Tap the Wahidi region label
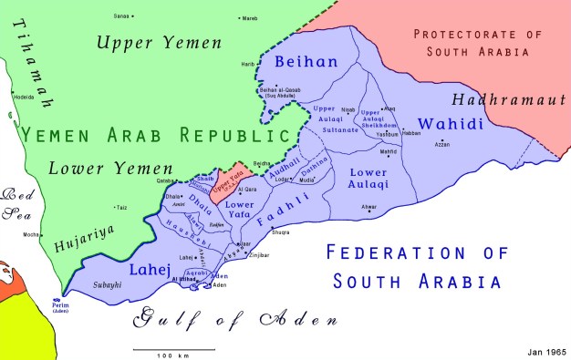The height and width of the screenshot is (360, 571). click(x=450, y=124)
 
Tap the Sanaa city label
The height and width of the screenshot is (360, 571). click(x=121, y=16)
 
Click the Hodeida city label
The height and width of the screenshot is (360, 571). click(x=23, y=95)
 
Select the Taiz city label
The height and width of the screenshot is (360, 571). click(x=121, y=208)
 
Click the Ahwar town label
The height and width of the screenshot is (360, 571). click(x=369, y=207)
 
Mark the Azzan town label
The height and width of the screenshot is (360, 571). click(x=442, y=144)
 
